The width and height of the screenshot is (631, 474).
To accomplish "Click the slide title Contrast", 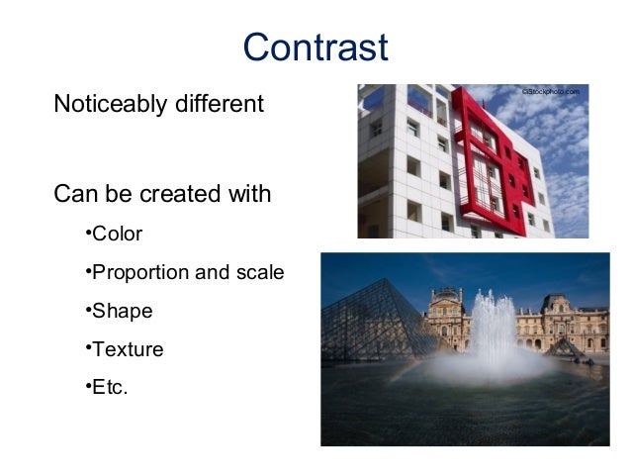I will tap(315, 47).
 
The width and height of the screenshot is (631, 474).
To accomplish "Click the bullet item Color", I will tap(116, 235).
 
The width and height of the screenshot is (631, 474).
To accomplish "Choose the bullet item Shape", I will tap(121, 312).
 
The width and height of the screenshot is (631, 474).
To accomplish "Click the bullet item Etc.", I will tap(109, 387).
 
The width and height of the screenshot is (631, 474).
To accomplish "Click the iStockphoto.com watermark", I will tap(550, 92).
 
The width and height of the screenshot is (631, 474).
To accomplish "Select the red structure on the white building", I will tap(492, 158).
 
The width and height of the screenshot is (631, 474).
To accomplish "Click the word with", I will tap(248, 194).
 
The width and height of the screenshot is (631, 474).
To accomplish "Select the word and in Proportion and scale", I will tap(213, 273).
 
